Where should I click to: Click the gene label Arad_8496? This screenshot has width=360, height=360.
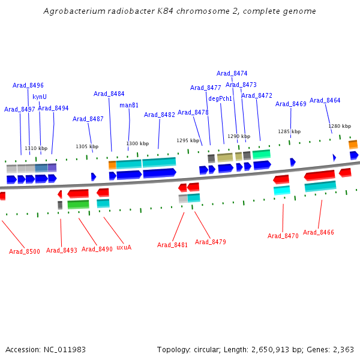tap(28, 86)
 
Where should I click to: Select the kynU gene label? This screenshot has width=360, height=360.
tap(40, 97)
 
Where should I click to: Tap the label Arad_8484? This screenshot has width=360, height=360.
tap(109, 94)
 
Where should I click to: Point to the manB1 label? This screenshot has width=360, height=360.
tap(129, 106)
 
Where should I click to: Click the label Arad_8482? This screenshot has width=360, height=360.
tap(160, 115)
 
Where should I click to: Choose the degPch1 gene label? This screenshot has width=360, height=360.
tap(220, 98)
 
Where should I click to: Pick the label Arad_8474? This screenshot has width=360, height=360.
tap(232, 74)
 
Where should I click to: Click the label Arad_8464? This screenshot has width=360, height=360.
tap(325, 101)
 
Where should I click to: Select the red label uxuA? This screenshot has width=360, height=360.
tap(124, 247)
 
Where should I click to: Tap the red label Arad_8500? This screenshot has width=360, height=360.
tap(25, 251)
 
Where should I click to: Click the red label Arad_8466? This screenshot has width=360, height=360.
tap(319, 232)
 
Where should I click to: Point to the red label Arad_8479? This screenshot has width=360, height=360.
tap(211, 242)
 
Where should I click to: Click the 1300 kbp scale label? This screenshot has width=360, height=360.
tap(137, 144)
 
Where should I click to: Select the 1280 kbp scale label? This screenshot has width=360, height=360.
tap(340, 127)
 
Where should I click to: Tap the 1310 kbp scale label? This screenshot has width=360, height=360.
tap(36, 148)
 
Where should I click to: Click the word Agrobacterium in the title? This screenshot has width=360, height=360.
tap(73, 11)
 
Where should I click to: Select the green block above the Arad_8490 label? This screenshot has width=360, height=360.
tap(78, 205)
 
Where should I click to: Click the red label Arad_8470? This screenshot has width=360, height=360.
tap(283, 236)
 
